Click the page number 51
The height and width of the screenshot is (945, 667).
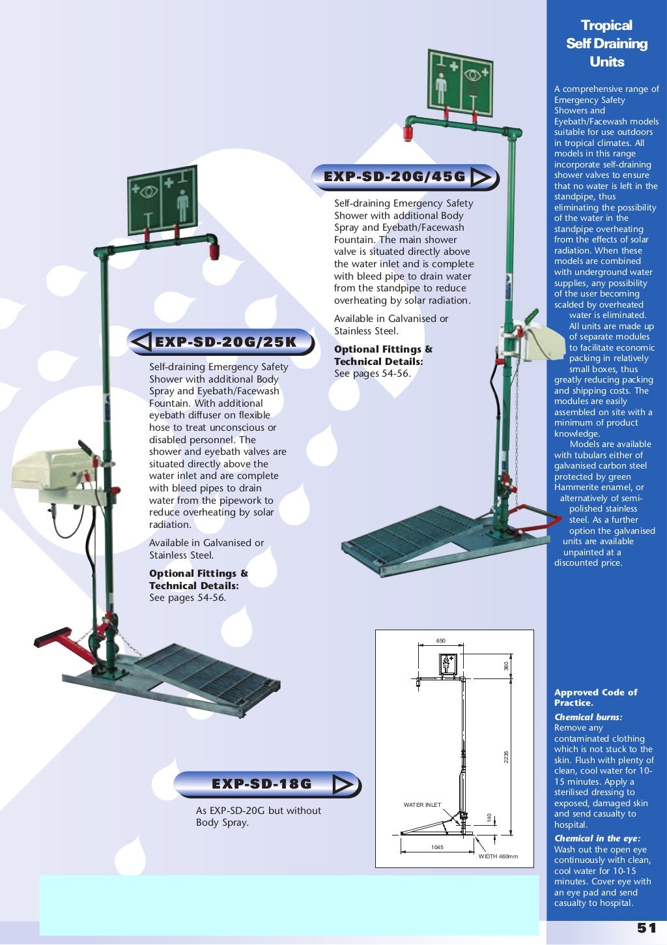(x=646, y=928)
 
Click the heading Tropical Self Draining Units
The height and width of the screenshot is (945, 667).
(x=606, y=44)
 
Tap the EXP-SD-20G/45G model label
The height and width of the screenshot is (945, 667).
(x=395, y=177)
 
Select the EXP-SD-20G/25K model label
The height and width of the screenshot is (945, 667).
(x=225, y=342)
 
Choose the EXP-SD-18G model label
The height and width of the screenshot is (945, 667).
(x=262, y=784)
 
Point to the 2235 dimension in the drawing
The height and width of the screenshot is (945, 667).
(x=506, y=757)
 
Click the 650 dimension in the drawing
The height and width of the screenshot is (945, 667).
(x=441, y=641)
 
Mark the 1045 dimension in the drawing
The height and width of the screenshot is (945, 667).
(x=437, y=847)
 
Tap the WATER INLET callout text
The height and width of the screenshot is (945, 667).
(x=422, y=805)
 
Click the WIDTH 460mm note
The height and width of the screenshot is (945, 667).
(x=498, y=856)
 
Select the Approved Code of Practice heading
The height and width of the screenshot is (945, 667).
(x=595, y=697)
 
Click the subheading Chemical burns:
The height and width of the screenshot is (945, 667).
(x=588, y=717)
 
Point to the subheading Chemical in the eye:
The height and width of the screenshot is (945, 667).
(x=597, y=839)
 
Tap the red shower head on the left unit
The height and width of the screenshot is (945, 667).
(x=214, y=251)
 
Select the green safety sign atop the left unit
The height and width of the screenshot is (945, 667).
(x=162, y=199)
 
